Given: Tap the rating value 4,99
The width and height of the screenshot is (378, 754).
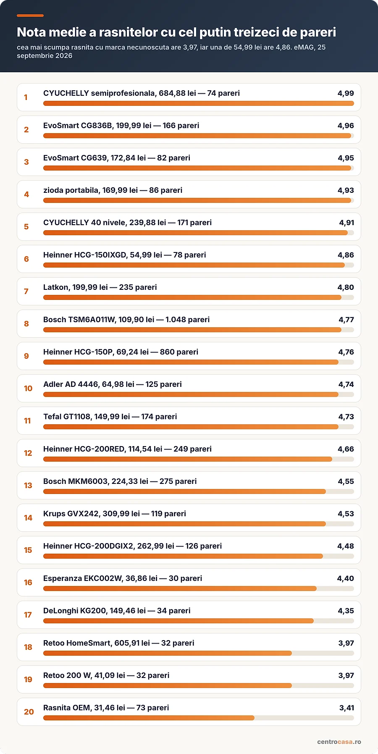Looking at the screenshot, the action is (346, 93).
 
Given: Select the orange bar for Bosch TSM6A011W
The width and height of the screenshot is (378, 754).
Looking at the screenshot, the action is (192, 330).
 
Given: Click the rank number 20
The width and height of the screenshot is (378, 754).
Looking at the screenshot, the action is (29, 712).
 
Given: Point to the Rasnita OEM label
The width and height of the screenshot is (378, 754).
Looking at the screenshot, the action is (106, 708).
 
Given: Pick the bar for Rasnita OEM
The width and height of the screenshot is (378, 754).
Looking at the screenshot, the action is (149, 718).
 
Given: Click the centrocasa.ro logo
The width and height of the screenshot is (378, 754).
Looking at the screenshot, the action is (339, 742).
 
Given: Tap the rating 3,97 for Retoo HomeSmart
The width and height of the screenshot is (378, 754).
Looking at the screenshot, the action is (346, 643).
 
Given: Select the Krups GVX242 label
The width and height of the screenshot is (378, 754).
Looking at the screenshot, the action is (115, 514).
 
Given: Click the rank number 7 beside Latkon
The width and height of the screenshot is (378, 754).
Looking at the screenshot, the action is (26, 291).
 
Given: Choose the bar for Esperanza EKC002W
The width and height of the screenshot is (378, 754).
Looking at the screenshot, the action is (180, 588).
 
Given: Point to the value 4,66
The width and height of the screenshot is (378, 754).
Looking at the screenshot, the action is (346, 449).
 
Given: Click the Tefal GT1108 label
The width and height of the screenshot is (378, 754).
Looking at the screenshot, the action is (110, 417).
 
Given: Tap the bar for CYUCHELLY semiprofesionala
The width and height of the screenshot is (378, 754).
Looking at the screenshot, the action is (199, 103).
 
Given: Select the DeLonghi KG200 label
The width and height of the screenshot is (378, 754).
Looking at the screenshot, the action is (117, 611).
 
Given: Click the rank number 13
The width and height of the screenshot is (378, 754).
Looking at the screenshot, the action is (28, 485).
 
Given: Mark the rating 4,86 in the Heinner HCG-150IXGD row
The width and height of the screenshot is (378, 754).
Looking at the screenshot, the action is (346, 255).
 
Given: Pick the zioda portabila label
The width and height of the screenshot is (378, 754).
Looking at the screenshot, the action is (113, 190).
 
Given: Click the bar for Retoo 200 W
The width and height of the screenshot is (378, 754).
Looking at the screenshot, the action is (168, 686).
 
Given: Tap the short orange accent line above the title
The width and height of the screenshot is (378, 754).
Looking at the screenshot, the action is (30, 16).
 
